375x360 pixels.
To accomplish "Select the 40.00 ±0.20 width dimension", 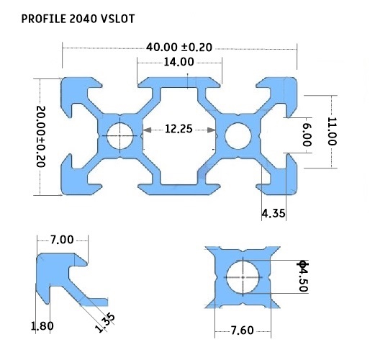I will click(x=179, y=47).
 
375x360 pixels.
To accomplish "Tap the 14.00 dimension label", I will click(x=179, y=62).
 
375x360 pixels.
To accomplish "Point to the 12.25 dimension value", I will click(x=179, y=130).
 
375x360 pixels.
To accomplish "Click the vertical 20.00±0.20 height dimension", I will click(x=40, y=136).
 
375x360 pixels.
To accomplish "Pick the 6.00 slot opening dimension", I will click(x=307, y=135).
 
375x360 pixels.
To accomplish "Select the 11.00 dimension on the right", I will click(x=332, y=131).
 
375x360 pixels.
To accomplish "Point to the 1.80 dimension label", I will click(x=42, y=326).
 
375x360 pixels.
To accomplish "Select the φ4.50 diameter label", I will click(x=302, y=276).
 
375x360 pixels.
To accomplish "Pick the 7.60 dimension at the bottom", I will click(x=243, y=330).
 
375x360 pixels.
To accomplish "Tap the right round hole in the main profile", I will click(x=238, y=134).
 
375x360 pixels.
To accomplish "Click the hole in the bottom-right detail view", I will click(x=243, y=276).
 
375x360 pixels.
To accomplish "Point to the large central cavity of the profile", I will click(x=179, y=151).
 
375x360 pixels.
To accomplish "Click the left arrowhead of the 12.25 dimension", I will click(x=145, y=130).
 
